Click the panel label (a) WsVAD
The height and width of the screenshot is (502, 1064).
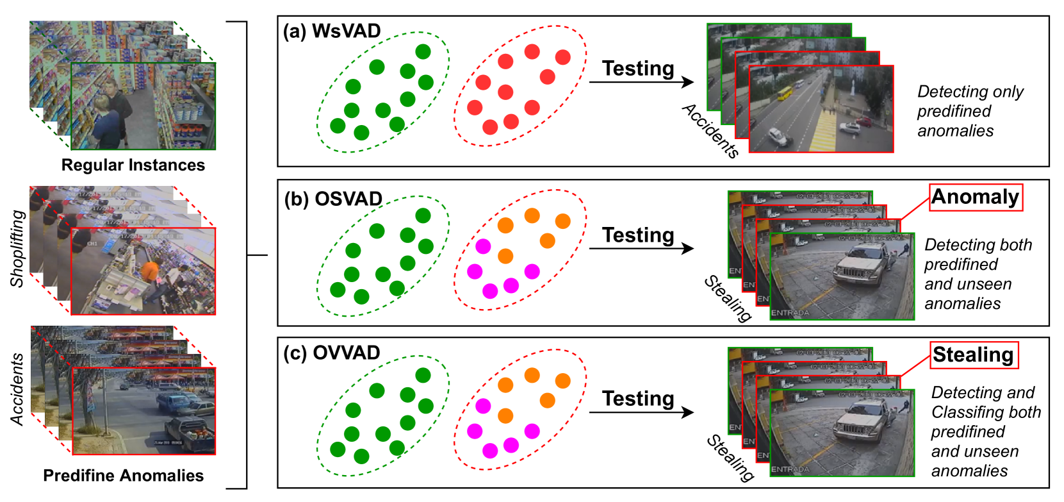click(332, 31)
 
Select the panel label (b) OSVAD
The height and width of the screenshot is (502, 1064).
click(333, 199)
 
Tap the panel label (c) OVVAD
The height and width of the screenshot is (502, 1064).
click(332, 353)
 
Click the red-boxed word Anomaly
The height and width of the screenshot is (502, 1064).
click(975, 197)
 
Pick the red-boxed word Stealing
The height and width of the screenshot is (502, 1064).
click(973, 355)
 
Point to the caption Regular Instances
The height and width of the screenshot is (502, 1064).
click(133, 165)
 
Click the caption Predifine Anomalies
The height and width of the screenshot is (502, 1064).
click(123, 475)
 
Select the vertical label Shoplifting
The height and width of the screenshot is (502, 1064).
click(18, 248)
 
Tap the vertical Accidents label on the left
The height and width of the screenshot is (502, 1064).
click(18, 389)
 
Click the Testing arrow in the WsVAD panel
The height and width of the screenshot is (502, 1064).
click(641, 81)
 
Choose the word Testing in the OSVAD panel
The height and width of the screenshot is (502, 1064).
click(638, 235)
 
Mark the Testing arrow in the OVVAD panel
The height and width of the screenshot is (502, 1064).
click(641, 412)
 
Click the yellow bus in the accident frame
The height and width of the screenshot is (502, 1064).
click(785, 94)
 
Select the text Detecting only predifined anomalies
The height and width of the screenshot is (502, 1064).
click(969, 111)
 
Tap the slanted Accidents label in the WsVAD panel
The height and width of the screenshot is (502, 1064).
click(710, 130)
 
